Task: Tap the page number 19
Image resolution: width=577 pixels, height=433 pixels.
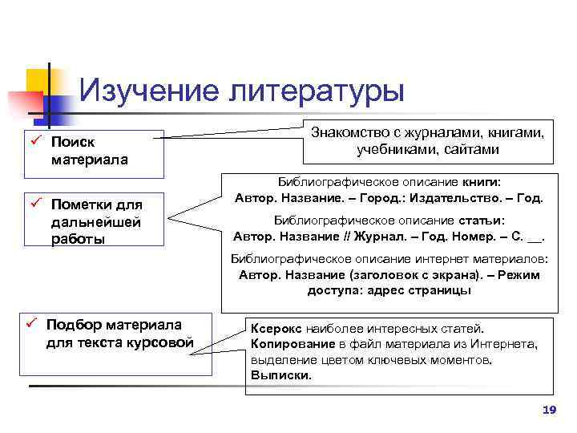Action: click(x=549, y=410)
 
